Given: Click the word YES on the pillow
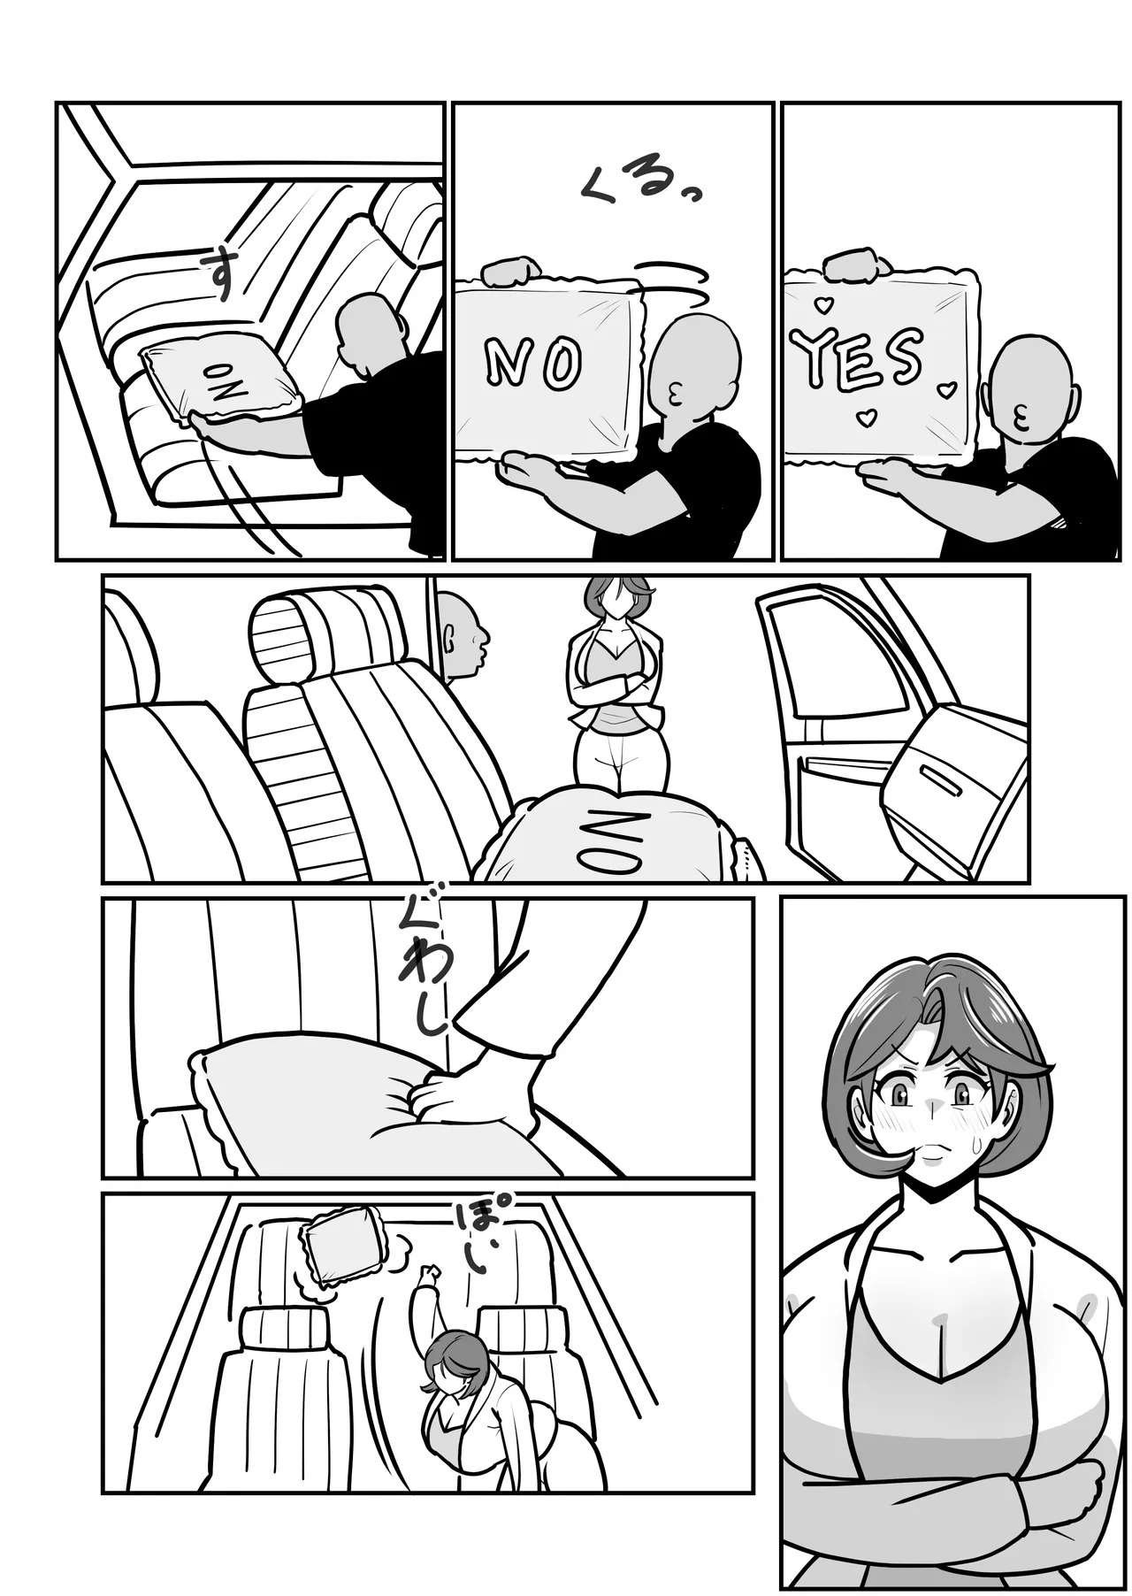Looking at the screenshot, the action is (x=858, y=357).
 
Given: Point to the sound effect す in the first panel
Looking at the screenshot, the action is (x=218, y=272).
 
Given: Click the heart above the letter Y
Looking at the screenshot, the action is (x=823, y=305).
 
